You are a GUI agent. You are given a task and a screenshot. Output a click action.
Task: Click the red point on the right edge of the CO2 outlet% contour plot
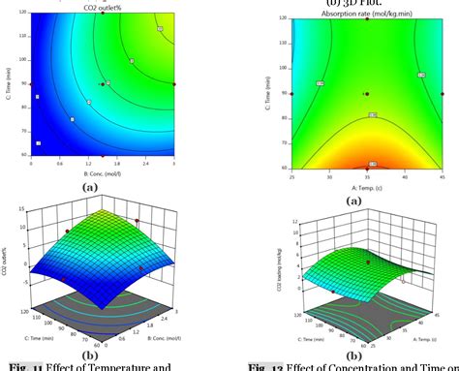(x=174, y=85)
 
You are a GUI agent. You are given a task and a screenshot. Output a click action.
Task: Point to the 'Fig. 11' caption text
(x=22, y=365)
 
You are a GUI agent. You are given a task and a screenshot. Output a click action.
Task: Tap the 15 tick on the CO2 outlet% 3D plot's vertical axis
(x=18, y=230)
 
